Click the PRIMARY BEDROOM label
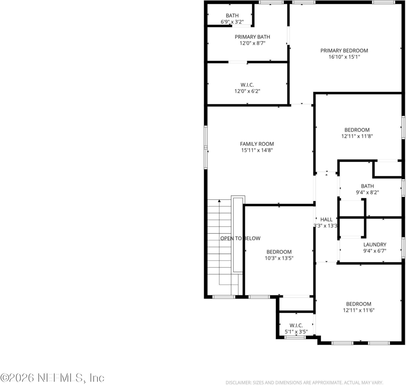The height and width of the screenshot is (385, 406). pyautogui.click(x=344, y=50)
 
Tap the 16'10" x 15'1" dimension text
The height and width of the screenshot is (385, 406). pyautogui.click(x=344, y=57)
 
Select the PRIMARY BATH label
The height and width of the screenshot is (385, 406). pyautogui.click(x=252, y=37)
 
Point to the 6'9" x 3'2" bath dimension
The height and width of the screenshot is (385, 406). pyautogui.click(x=232, y=22)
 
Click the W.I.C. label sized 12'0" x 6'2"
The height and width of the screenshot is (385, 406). pyautogui.click(x=247, y=85)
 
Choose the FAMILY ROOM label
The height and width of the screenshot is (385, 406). pyautogui.click(x=257, y=144)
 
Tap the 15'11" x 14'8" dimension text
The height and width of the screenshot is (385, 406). pyautogui.click(x=257, y=150)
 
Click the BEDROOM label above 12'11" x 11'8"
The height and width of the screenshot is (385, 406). pyautogui.click(x=357, y=130)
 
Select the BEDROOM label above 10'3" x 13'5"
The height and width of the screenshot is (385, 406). pyautogui.click(x=279, y=252)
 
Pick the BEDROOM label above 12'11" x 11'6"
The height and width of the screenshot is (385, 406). pyautogui.click(x=358, y=304)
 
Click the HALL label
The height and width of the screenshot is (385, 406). pyautogui.click(x=326, y=220)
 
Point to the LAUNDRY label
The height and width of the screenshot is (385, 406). pyautogui.click(x=375, y=245)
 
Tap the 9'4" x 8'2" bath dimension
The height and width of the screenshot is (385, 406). pyautogui.click(x=367, y=192)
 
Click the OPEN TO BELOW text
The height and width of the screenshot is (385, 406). pyautogui.click(x=240, y=238)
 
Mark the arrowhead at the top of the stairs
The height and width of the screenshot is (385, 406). pyautogui.click(x=219, y=201)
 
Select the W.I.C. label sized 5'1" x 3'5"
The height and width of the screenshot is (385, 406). pyautogui.click(x=296, y=326)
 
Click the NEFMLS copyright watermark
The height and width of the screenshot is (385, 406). pyautogui.click(x=52, y=378)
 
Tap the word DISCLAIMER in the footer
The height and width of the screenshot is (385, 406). pyautogui.click(x=238, y=382)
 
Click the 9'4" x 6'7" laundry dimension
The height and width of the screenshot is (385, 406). pyautogui.click(x=375, y=251)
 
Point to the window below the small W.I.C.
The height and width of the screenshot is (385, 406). pyautogui.click(x=295, y=337)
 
